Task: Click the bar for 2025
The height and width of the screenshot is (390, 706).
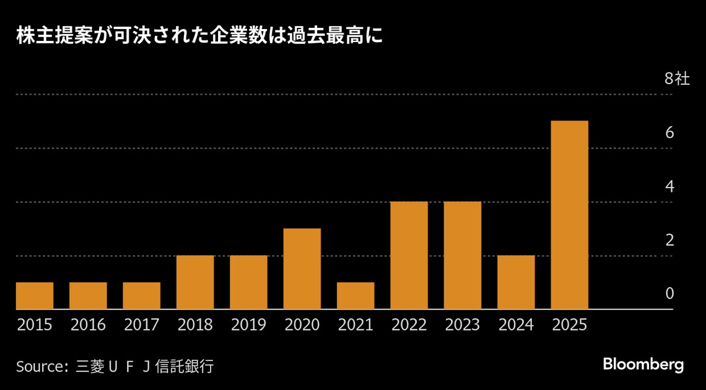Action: tap(569, 215)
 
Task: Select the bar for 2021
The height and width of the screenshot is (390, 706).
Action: tap(355, 296)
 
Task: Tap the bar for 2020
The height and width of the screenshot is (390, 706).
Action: tap(302, 269)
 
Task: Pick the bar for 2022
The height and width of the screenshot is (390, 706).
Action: tap(409, 255)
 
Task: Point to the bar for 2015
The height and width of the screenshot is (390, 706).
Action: tap(35, 296)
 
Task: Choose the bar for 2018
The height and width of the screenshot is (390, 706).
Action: tap(195, 282)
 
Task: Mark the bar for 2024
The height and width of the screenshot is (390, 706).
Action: tap(516, 282)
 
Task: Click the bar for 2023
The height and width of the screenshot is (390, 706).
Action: tap(463, 255)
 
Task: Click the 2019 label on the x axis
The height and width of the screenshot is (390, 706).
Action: tap(248, 325)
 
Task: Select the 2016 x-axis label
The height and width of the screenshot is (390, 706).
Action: tap(88, 325)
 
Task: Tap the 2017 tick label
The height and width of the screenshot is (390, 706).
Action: tap(141, 325)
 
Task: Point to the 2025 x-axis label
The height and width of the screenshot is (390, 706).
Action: tap(569, 325)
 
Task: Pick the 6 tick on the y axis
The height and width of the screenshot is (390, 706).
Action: tap(669, 133)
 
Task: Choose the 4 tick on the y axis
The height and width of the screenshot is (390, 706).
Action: tap(669, 186)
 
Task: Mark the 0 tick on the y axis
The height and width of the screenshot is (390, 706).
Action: tap(669, 293)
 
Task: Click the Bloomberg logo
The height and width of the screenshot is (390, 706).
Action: tap(643, 365)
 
